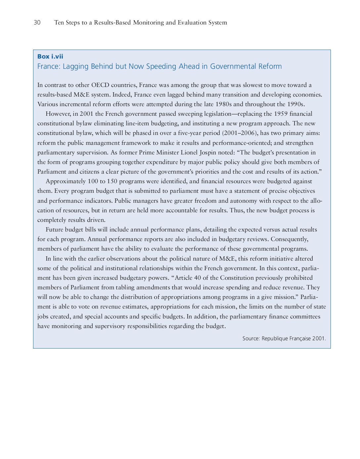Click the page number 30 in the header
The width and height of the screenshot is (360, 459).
point(37,22)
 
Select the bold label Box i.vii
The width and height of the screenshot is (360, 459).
point(50,57)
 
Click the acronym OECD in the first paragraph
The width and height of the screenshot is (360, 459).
point(100,85)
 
